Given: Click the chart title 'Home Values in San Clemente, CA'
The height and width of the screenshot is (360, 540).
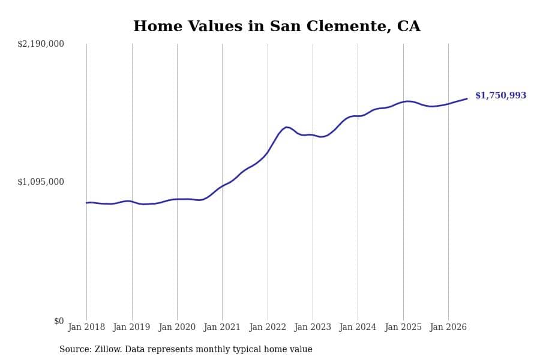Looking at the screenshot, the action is tap(277, 26).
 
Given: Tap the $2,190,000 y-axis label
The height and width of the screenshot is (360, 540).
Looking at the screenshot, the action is tap(41, 44).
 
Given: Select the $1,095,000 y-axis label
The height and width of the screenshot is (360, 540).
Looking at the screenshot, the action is tap(41, 182).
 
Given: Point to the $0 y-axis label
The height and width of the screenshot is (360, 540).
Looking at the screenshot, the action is tap(59, 321).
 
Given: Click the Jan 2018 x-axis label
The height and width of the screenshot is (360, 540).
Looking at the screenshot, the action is tap(86, 327).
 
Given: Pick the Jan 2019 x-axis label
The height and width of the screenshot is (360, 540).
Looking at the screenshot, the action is tap(131, 327).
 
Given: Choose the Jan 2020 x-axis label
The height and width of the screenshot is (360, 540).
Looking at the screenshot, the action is tap(177, 327).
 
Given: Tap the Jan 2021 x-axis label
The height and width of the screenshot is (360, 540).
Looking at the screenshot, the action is tap(222, 327).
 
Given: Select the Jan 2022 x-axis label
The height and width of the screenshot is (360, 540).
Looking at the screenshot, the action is tap(268, 327).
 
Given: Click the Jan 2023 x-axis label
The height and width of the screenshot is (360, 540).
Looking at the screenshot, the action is tap(313, 327).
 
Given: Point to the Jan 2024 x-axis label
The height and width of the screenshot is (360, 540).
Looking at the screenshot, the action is tap(358, 327).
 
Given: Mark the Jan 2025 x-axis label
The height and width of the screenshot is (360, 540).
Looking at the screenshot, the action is tap(403, 327).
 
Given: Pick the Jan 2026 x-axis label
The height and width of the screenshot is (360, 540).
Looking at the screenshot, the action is tap(448, 327).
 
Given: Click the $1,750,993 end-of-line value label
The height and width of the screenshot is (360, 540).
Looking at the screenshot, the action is tap(501, 95).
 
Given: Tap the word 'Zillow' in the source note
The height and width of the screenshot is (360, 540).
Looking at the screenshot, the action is tap(108, 349).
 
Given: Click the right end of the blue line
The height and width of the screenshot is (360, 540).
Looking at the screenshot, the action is tap(467, 99).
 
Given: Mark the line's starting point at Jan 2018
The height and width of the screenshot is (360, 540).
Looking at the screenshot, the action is tap(86, 203).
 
